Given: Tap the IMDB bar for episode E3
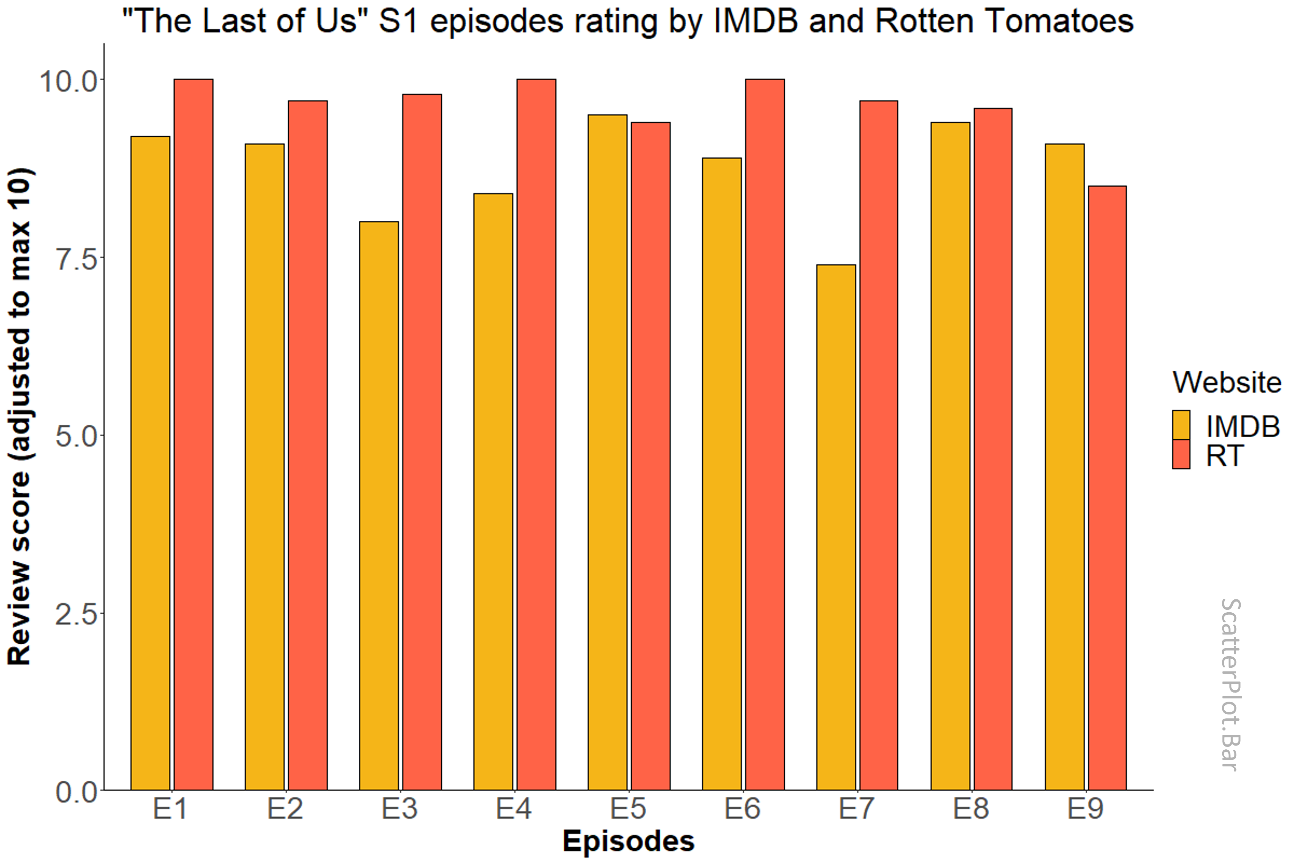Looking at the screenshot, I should pos(379,506).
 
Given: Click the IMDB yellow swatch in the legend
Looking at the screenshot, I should pos(1181,425).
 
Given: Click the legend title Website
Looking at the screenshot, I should pos(1226,382).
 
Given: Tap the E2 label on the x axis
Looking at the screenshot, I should pos(285,809).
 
